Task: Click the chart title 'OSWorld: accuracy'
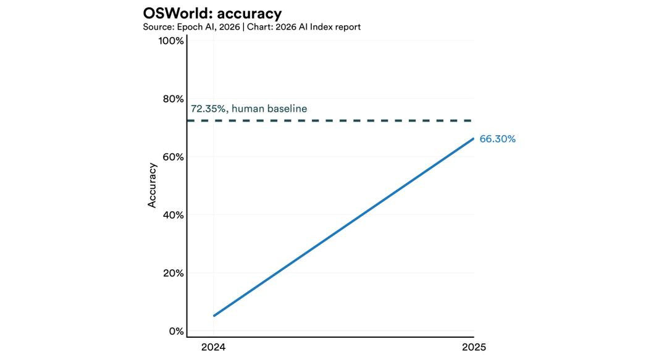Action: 212,13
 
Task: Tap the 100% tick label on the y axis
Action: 171,41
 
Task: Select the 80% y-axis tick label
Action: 172,99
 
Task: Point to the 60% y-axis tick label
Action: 172,157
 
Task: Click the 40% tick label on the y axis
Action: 172,215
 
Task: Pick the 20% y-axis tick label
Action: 172,273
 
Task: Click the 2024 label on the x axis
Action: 213,347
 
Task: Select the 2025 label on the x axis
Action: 474,347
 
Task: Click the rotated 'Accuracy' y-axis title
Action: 152,185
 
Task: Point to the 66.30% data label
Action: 497,139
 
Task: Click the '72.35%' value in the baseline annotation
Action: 208,109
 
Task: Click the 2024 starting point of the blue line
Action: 214,316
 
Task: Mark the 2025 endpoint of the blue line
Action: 473,138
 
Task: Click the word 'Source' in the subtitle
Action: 157,27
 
